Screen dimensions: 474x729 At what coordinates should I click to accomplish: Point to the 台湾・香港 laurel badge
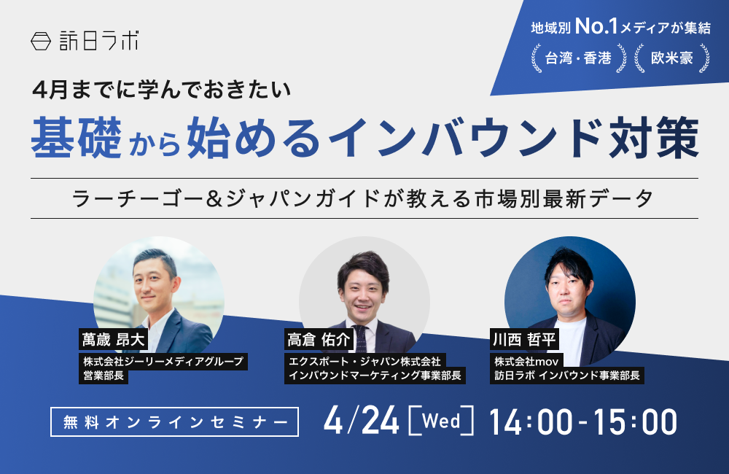pos(578,58)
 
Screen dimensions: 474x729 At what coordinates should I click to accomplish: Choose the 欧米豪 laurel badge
pos(671,58)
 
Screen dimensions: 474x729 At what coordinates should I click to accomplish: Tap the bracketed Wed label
pos(441,421)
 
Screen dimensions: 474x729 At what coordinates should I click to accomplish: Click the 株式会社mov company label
pos(526,361)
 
